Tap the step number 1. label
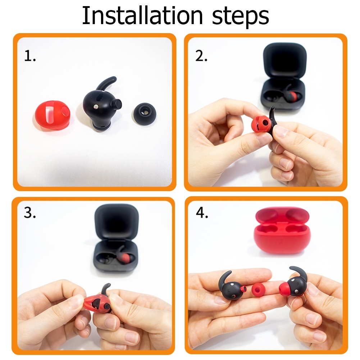tap(30, 56)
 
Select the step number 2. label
tap(201, 56)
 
